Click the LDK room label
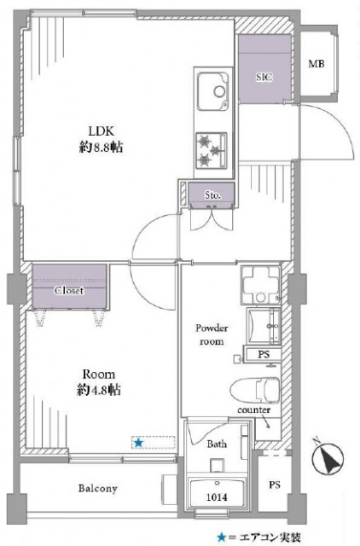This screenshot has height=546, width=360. point(101,131)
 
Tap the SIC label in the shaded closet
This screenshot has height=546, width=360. point(264,77)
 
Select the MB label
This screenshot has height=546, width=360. point(316,64)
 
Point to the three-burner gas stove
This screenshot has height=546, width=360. point(211,150)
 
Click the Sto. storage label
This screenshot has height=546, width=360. point(212,195)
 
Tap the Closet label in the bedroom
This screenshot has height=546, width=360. point(69,290)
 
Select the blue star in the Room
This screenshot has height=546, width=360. point(138,443)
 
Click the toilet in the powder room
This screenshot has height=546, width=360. point(255,390)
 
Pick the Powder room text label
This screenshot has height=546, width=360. point(212,334)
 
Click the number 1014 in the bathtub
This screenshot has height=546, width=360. point(217,497)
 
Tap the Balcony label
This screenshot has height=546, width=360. point(97,489)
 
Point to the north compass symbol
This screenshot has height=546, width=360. point(328,459)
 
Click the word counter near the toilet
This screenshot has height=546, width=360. point(254,410)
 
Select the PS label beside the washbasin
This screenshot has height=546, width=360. point(264,355)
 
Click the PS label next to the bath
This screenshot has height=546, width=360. point(275,485)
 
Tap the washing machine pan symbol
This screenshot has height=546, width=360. point(260,285)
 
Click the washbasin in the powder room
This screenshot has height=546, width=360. point(264,326)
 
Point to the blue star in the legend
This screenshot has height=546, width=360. point(221,537)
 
